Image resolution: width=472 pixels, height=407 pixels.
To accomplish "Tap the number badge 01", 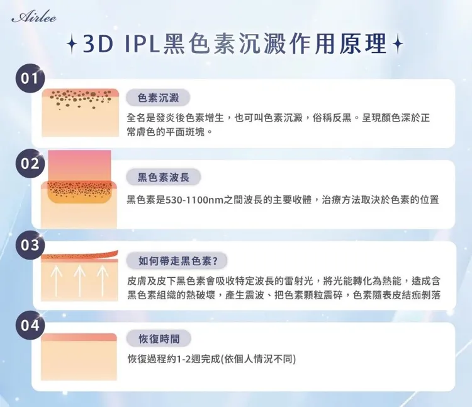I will (30, 80).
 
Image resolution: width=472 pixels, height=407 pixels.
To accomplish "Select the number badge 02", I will (30, 163).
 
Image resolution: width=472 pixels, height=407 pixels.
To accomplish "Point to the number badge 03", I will (30, 244).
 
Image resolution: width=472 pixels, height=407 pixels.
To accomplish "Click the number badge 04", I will (30, 326).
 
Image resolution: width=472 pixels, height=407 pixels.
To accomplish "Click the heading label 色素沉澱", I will (159, 98).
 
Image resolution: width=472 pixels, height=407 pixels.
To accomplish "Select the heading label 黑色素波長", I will (164, 179).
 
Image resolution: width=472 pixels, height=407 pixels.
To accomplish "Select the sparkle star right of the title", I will (397, 45).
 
